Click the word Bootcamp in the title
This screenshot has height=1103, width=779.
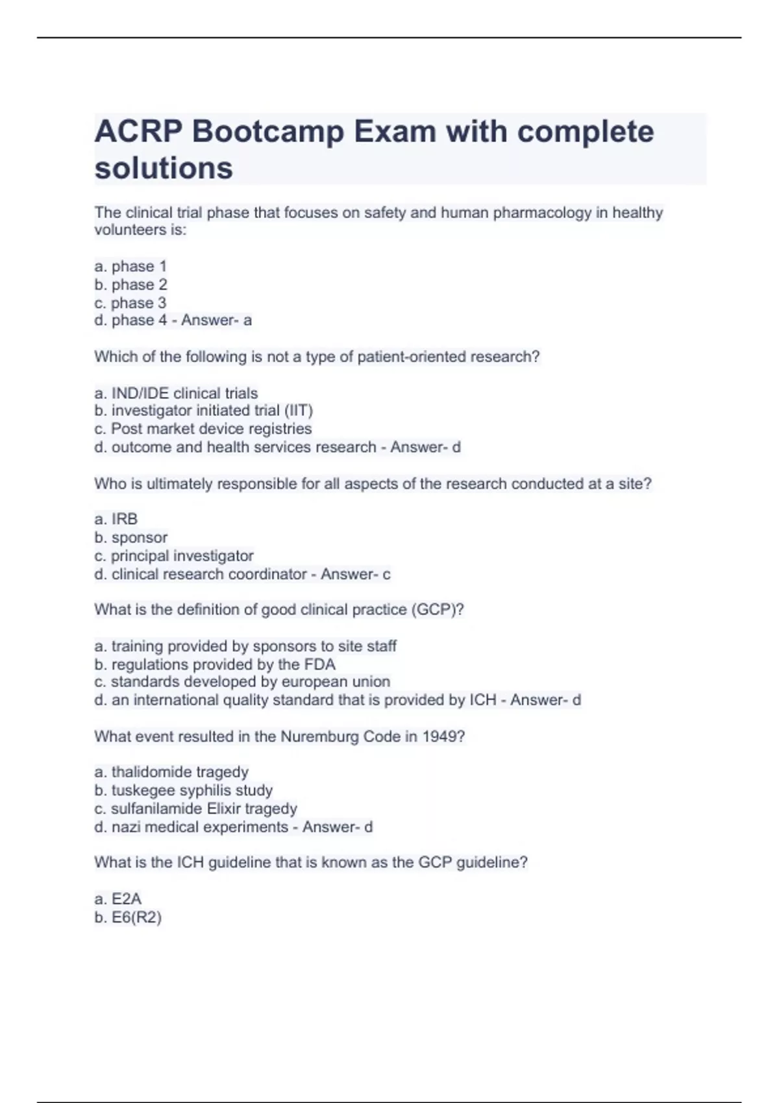(267, 132)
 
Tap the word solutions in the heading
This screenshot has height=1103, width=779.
(164, 168)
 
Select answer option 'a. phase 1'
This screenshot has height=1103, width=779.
(130, 266)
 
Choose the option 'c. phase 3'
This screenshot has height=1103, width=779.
(130, 303)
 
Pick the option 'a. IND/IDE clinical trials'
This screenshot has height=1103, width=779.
(176, 393)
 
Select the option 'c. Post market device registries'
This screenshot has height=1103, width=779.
(203, 429)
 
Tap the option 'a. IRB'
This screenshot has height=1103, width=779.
(116, 519)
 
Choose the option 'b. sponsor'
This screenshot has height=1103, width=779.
(130, 538)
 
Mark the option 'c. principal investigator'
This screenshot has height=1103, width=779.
(173, 556)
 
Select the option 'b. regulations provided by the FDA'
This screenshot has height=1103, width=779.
(215, 664)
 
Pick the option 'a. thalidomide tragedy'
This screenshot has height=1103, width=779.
(171, 772)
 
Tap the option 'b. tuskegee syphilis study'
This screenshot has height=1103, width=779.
(183, 790)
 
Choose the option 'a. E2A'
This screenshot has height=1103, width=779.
(117, 899)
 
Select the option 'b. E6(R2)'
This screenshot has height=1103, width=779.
(128, 917)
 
